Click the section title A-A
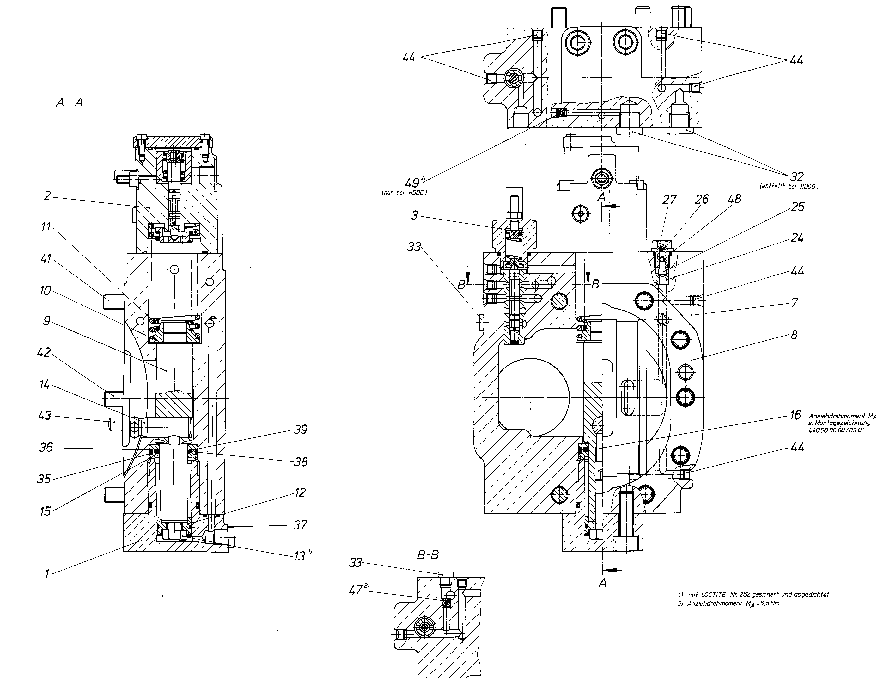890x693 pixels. (69, 102)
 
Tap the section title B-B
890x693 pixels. (428, 555)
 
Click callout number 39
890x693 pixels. (300, 430)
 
